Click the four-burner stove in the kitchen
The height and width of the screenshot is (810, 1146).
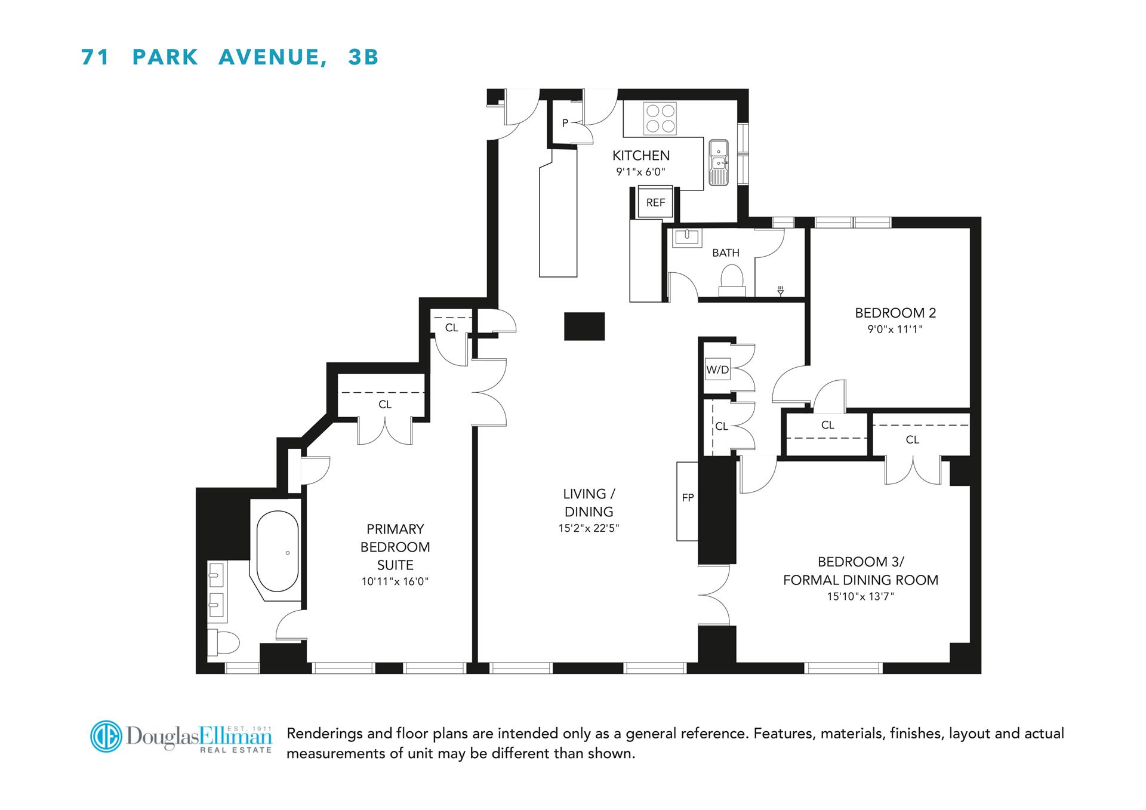point(660,119)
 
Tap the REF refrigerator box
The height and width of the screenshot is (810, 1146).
point(655,202)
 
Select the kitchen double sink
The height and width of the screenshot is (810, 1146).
point(719,162)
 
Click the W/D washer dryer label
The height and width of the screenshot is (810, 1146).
point(717,369)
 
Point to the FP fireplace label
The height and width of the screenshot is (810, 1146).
point(688,497)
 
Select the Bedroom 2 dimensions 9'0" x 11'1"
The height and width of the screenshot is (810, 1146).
point(895,329)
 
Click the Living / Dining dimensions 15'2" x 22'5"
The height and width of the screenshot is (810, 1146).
point(589,528)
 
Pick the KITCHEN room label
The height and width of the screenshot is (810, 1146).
point(641,156)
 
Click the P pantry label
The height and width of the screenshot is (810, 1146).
point(565,124)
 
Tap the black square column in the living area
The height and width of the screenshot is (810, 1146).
point(584,327)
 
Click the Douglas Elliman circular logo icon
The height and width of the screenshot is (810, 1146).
point(106,737)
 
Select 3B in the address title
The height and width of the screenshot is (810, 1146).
point(363,57)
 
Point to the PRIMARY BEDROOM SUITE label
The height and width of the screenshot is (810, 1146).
point(395,547)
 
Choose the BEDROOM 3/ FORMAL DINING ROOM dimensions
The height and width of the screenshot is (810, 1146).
point(860,596)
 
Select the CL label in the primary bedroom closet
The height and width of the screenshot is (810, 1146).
point(385,405)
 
